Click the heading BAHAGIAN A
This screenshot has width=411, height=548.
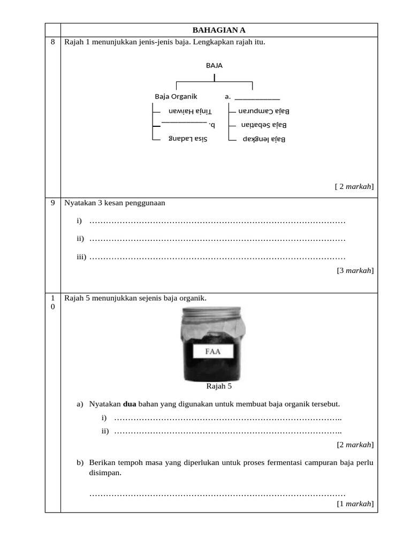pos(219,30)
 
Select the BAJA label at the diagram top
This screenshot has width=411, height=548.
pos(214,65)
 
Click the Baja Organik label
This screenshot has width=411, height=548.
pos(176,97)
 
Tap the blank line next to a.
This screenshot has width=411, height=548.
pos(257,98)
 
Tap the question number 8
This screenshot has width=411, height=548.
pos(52,42)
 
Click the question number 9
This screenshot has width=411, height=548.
pos(52,203)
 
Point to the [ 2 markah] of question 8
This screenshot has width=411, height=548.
pos(354,186)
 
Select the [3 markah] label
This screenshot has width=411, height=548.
pos(355,270)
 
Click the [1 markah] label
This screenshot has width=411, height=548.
pos(355,504)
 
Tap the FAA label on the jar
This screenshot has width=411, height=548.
pos(213,352)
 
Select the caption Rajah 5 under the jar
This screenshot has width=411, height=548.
pos(219,385)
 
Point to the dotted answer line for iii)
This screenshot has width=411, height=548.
pos(217,258)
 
